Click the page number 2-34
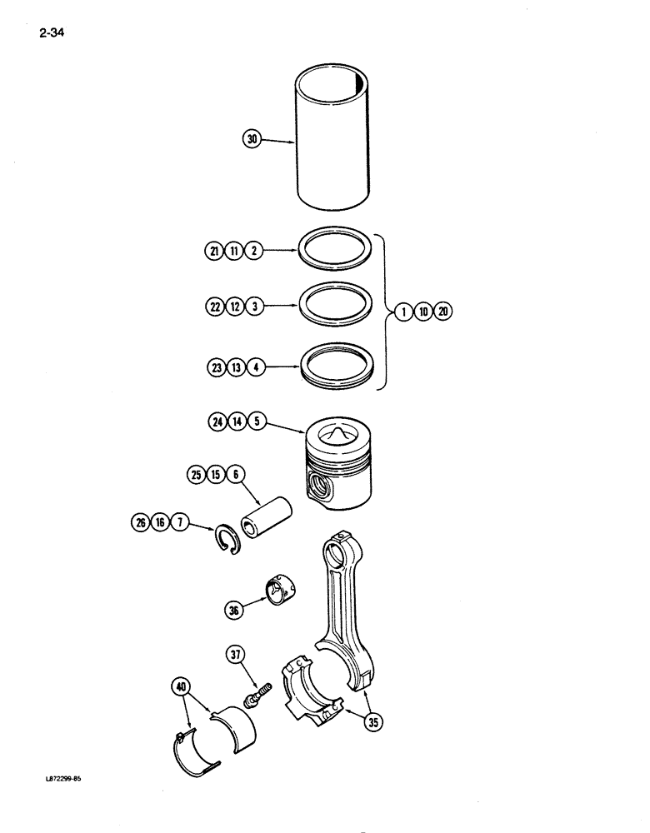pyautogui.click(x=52, y=34)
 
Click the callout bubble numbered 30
pyautogui.click(x=252, y=140)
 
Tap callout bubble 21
pyautogui.click(x=212, y=250)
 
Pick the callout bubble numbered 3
pyautogui.click(x=255, y=307)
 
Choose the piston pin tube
pyautogui.click(x=267, y=517)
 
